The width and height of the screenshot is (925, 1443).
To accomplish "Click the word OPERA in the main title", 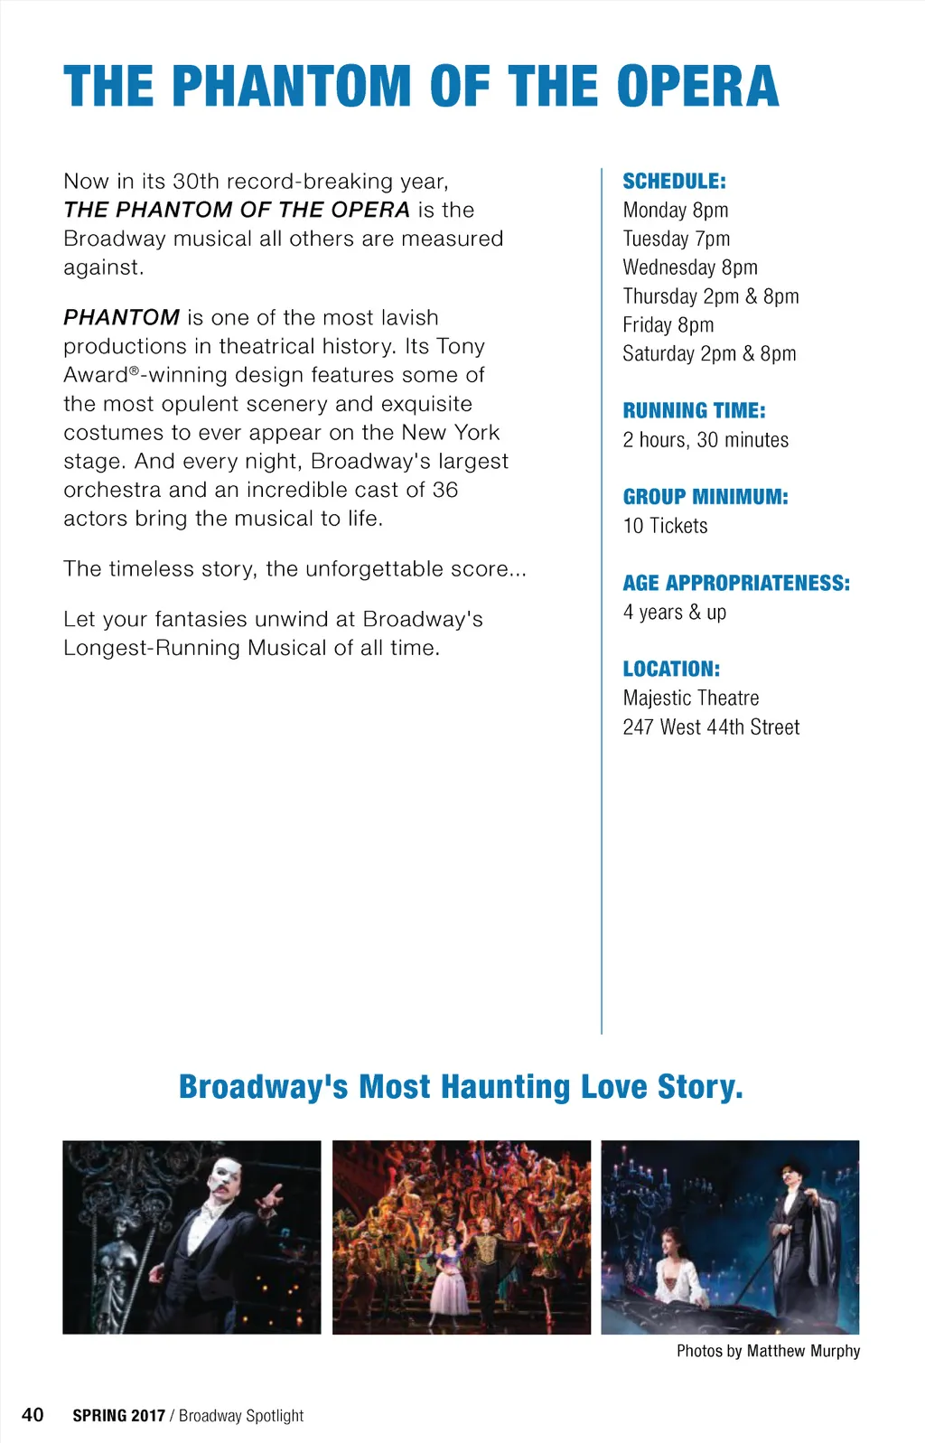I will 697,87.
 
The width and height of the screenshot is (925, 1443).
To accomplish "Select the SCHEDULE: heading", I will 674,181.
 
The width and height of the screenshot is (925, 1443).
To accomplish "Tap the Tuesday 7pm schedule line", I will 676,239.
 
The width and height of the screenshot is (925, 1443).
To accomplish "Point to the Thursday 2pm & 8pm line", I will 710,296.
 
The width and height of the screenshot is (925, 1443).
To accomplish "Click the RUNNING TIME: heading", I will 694,410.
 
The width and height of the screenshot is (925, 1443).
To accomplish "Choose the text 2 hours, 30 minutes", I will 705,440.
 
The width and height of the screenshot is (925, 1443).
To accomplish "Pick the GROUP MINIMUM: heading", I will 705,496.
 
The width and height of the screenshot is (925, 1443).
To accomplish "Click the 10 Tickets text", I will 665,526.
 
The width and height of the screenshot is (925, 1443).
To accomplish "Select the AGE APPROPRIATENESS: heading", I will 736,583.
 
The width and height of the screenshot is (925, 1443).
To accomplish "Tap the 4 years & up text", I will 674,612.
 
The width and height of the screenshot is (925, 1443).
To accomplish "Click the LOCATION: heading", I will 671,669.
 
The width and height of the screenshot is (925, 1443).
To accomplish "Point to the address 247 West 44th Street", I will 711,727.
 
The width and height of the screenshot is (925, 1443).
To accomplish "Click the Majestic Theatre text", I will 690,698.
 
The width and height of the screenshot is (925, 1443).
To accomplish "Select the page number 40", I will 33,1414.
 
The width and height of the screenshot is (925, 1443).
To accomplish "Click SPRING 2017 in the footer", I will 118,1416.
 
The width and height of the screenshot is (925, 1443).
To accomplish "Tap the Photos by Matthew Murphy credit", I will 768,1351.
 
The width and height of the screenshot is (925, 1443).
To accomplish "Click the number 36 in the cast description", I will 445,490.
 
